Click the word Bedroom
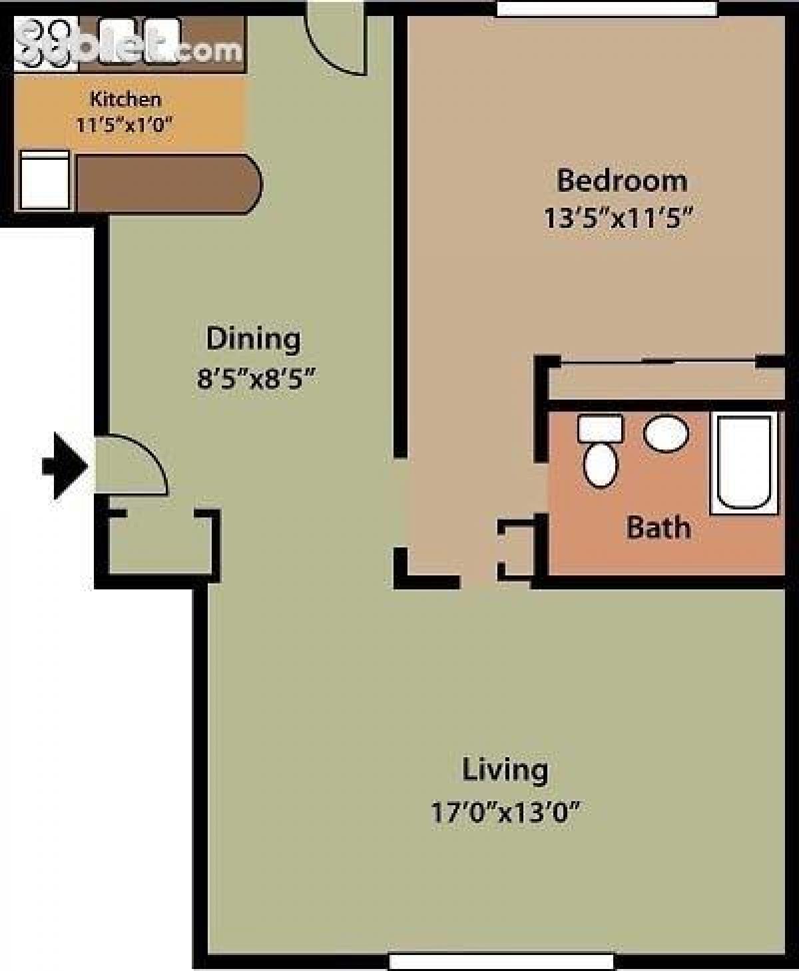(x=621, y=181)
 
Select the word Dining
(x=253, y=339)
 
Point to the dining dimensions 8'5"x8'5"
(x=256, y=379)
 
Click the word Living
(x=505, y=770)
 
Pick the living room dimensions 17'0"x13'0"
(x=505, y=812)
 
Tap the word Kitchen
(x=125, y=99)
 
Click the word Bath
(x=659, y=528)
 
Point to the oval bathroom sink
(x=666, y=434)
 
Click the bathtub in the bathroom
(x=744, y=463)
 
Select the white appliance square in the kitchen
(x=45, y=180)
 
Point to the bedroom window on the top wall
(x=606, y=8)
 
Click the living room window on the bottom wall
(x=500, y=962)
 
